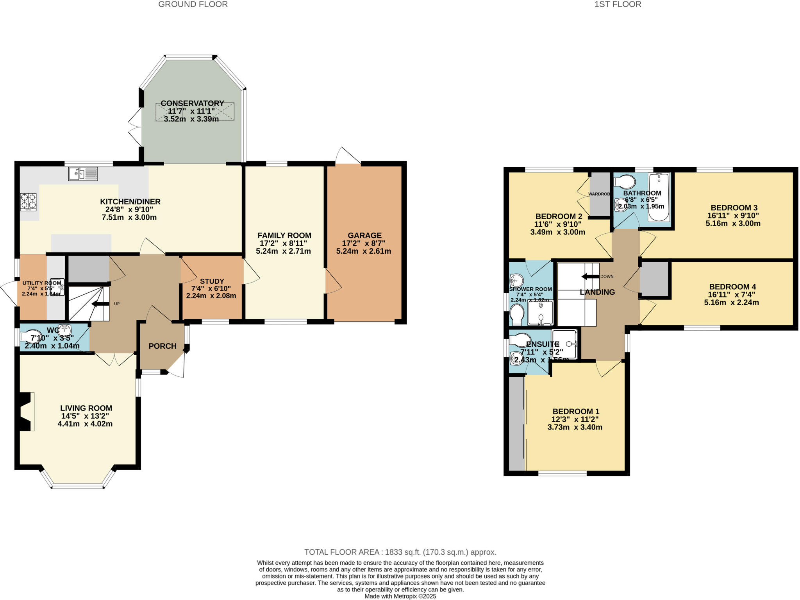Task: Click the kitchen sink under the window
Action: coord(83,174)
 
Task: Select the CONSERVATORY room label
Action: coord(192,103)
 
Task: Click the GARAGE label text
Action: coord(364,235)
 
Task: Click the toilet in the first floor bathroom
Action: coord(625,182)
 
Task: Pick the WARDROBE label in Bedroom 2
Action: coord(599,194)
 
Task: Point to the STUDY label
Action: coord(212,281)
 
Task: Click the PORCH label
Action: coord(162,346)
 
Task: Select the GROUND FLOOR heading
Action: coord(193,4)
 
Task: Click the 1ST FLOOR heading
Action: coord(618,4)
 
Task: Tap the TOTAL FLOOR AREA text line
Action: coord(400,552)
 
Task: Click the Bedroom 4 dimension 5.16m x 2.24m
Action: coord(731,302)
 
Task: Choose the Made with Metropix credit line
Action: coord(400,596)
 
